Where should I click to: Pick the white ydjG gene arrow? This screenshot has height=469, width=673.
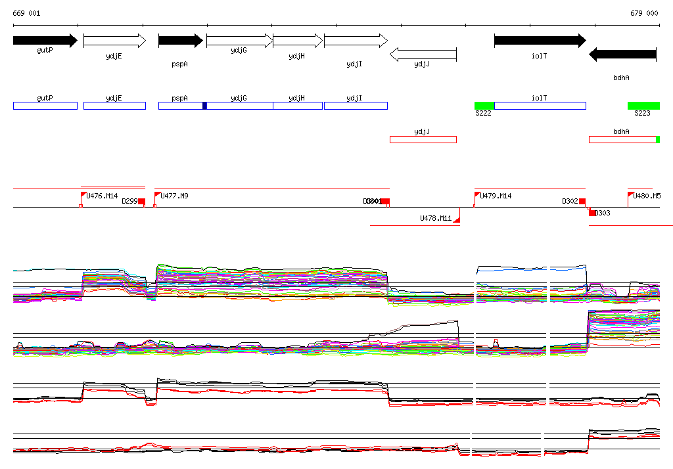[x=239, y=41]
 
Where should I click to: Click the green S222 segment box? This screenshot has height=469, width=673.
[x=484, y=106]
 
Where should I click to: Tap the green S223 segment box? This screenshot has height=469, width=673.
[x=643, y=106]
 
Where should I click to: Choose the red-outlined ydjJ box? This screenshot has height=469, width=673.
[x=423, y=139]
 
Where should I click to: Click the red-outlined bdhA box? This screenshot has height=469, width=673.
[x=622, y=139]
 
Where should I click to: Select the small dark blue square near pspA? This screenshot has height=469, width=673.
[x=204, y=106]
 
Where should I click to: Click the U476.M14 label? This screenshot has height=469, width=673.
[x=102, y=196]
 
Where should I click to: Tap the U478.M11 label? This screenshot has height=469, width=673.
[x=436, y=218]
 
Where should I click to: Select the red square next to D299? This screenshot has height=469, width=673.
[x=141, y=202]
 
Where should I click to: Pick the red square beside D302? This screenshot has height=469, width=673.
[x=582, y=202]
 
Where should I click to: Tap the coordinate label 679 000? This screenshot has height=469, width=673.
[x=644, y=13]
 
